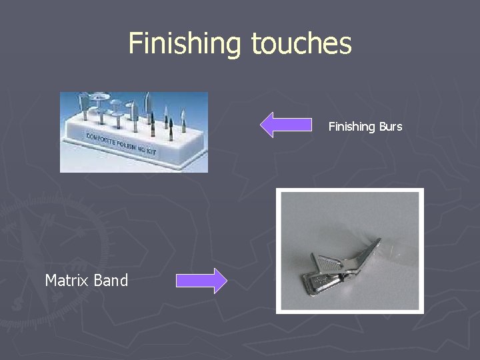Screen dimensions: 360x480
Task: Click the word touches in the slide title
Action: (301, 44)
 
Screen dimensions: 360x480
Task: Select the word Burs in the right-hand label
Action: (390, 127)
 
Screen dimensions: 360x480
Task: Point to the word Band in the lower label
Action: (111, 281)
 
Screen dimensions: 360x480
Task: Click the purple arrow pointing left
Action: (285, 125)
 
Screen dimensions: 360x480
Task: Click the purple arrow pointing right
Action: (201, 281)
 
